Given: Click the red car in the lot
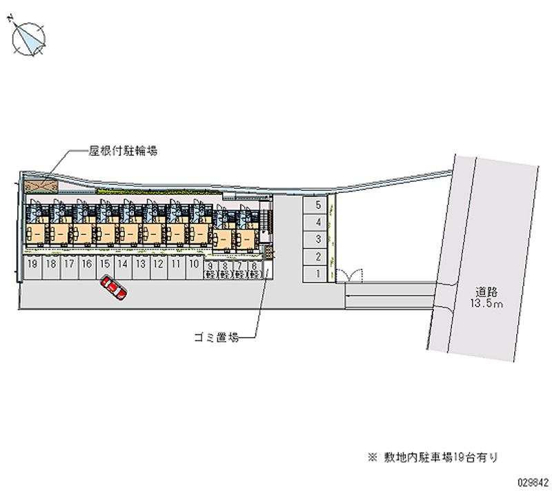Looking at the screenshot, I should [113, 287].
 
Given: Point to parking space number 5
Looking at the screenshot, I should [317, 205].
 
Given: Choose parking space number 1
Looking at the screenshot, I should [317, 274].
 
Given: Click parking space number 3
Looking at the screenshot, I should [317, 239].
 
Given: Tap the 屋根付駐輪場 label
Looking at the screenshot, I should [123, 150].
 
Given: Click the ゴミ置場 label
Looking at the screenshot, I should [215, 338].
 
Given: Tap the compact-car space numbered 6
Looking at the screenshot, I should [256, 269].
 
